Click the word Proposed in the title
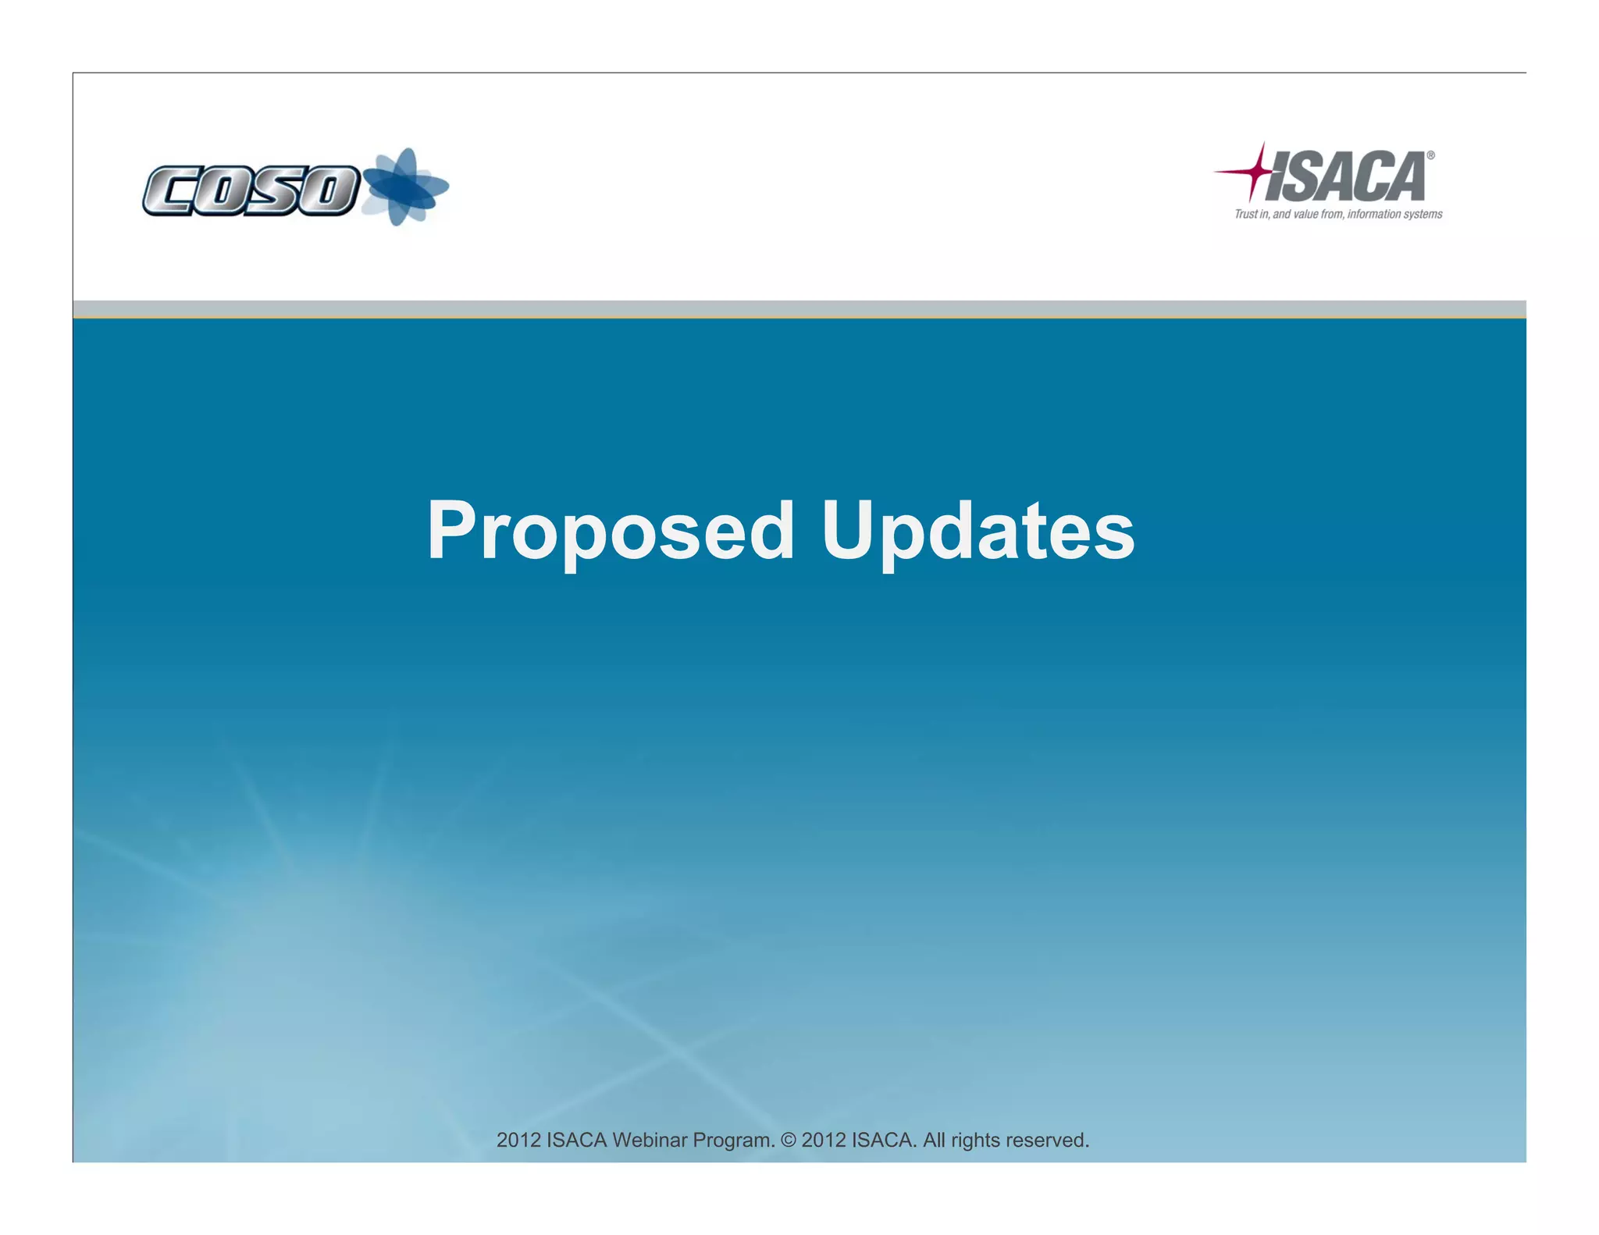[610, 532]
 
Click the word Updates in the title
[978, 532]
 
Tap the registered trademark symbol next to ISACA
[1430, 155]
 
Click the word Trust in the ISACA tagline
[1246, 214]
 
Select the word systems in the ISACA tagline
[1423, 214]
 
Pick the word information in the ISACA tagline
[1373, 214]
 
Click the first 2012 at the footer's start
[518, 1141]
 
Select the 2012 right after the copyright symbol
[824, 1141]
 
